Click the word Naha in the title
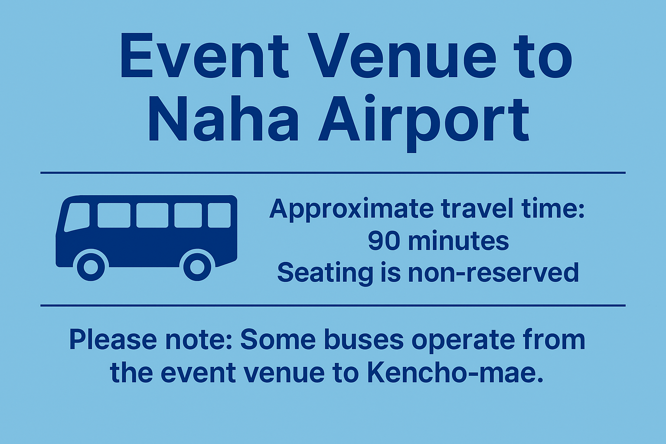[223, 118]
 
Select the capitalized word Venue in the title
[402, 55]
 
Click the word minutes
[458, 240]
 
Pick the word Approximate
[351, 209]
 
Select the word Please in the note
[113, 340]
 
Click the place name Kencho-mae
[455, 372]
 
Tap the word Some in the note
[278, 340]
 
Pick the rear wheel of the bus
[197, 267]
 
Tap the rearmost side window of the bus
[219, 215]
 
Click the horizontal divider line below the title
[333, 173]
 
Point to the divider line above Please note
[333, 305]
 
